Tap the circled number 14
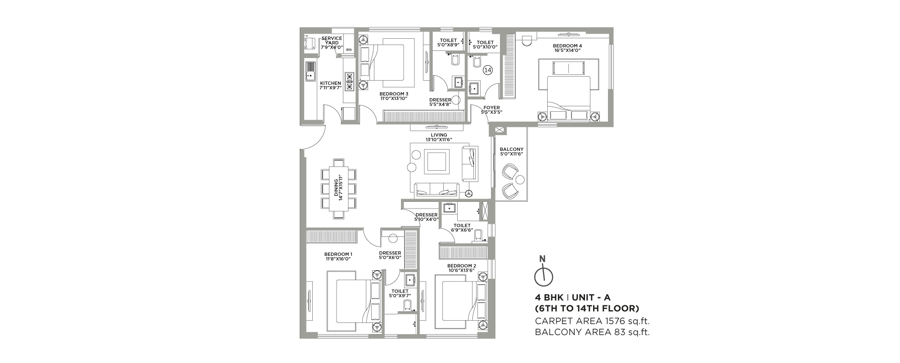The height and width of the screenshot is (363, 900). [488, 70]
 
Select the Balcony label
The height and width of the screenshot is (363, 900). [512, 152]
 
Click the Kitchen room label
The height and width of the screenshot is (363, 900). [330, 86]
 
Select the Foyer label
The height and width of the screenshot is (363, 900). [491, 110]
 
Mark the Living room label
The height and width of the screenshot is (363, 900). [439, 137]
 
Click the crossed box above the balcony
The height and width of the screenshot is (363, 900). [499, 130]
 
